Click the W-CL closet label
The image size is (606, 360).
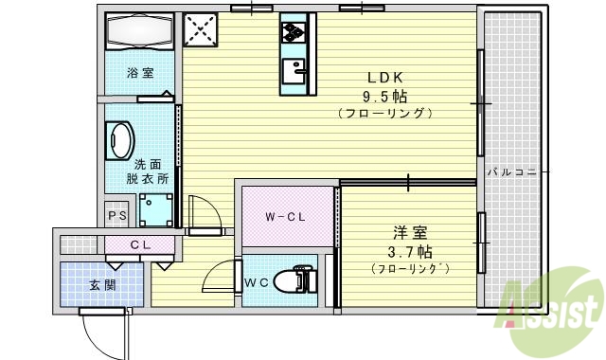coord(284,217)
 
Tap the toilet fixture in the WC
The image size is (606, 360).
coord(294,281)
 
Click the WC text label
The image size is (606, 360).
coord(257,282)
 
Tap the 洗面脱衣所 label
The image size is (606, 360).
coord(150,170)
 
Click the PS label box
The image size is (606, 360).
coord(117,216)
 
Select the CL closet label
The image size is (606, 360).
coord(141,245)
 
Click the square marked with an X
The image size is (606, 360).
coord(200,29)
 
